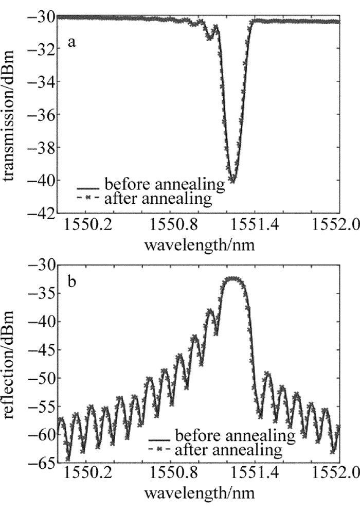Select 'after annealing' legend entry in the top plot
158,199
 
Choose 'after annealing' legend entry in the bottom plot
229,451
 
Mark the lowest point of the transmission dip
233,180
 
